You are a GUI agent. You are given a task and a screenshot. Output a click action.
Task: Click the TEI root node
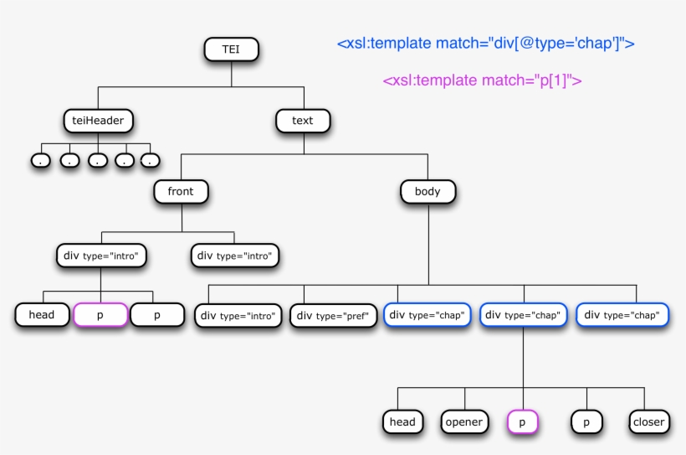[x=231, y=49]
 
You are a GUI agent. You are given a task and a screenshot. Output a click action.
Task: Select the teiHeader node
[x=98, y=121]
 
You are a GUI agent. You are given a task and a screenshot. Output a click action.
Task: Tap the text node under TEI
[x=303, y=121]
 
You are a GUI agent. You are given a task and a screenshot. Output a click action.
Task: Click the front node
[x=181, y=192]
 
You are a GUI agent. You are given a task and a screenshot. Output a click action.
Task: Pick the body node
[x=427, y=192]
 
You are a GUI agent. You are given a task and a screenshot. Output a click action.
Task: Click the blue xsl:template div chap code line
[x=485, y=44]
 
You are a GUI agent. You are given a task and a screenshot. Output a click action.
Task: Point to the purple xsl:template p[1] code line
[x=482, y=80]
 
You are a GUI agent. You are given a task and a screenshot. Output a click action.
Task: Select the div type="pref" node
[x=333, y=316]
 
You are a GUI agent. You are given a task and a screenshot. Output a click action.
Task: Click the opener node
[x=464, y=421]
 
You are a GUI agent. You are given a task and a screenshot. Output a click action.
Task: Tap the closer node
[x=649, y=421]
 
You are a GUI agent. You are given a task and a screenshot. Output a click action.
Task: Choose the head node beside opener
[x=402, y=421]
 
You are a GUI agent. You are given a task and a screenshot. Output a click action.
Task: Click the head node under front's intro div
[x=42, y=315]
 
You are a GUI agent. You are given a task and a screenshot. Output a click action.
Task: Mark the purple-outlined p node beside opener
[x=522, y=421]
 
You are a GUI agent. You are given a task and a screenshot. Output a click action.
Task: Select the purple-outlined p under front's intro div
[x=100, y=315]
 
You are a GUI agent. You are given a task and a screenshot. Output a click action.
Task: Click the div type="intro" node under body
[x=238, y=316]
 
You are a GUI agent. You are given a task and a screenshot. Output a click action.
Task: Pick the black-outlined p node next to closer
[x=586, y=421]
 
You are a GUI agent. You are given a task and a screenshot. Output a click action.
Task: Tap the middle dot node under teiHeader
[x=98, y=161]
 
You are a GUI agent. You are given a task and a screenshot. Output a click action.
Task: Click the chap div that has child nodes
[x=523, y=315]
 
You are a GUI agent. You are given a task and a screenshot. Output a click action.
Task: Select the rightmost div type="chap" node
[x=622, y=315]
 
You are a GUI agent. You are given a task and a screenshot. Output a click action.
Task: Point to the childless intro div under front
[x=235, y=256]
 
